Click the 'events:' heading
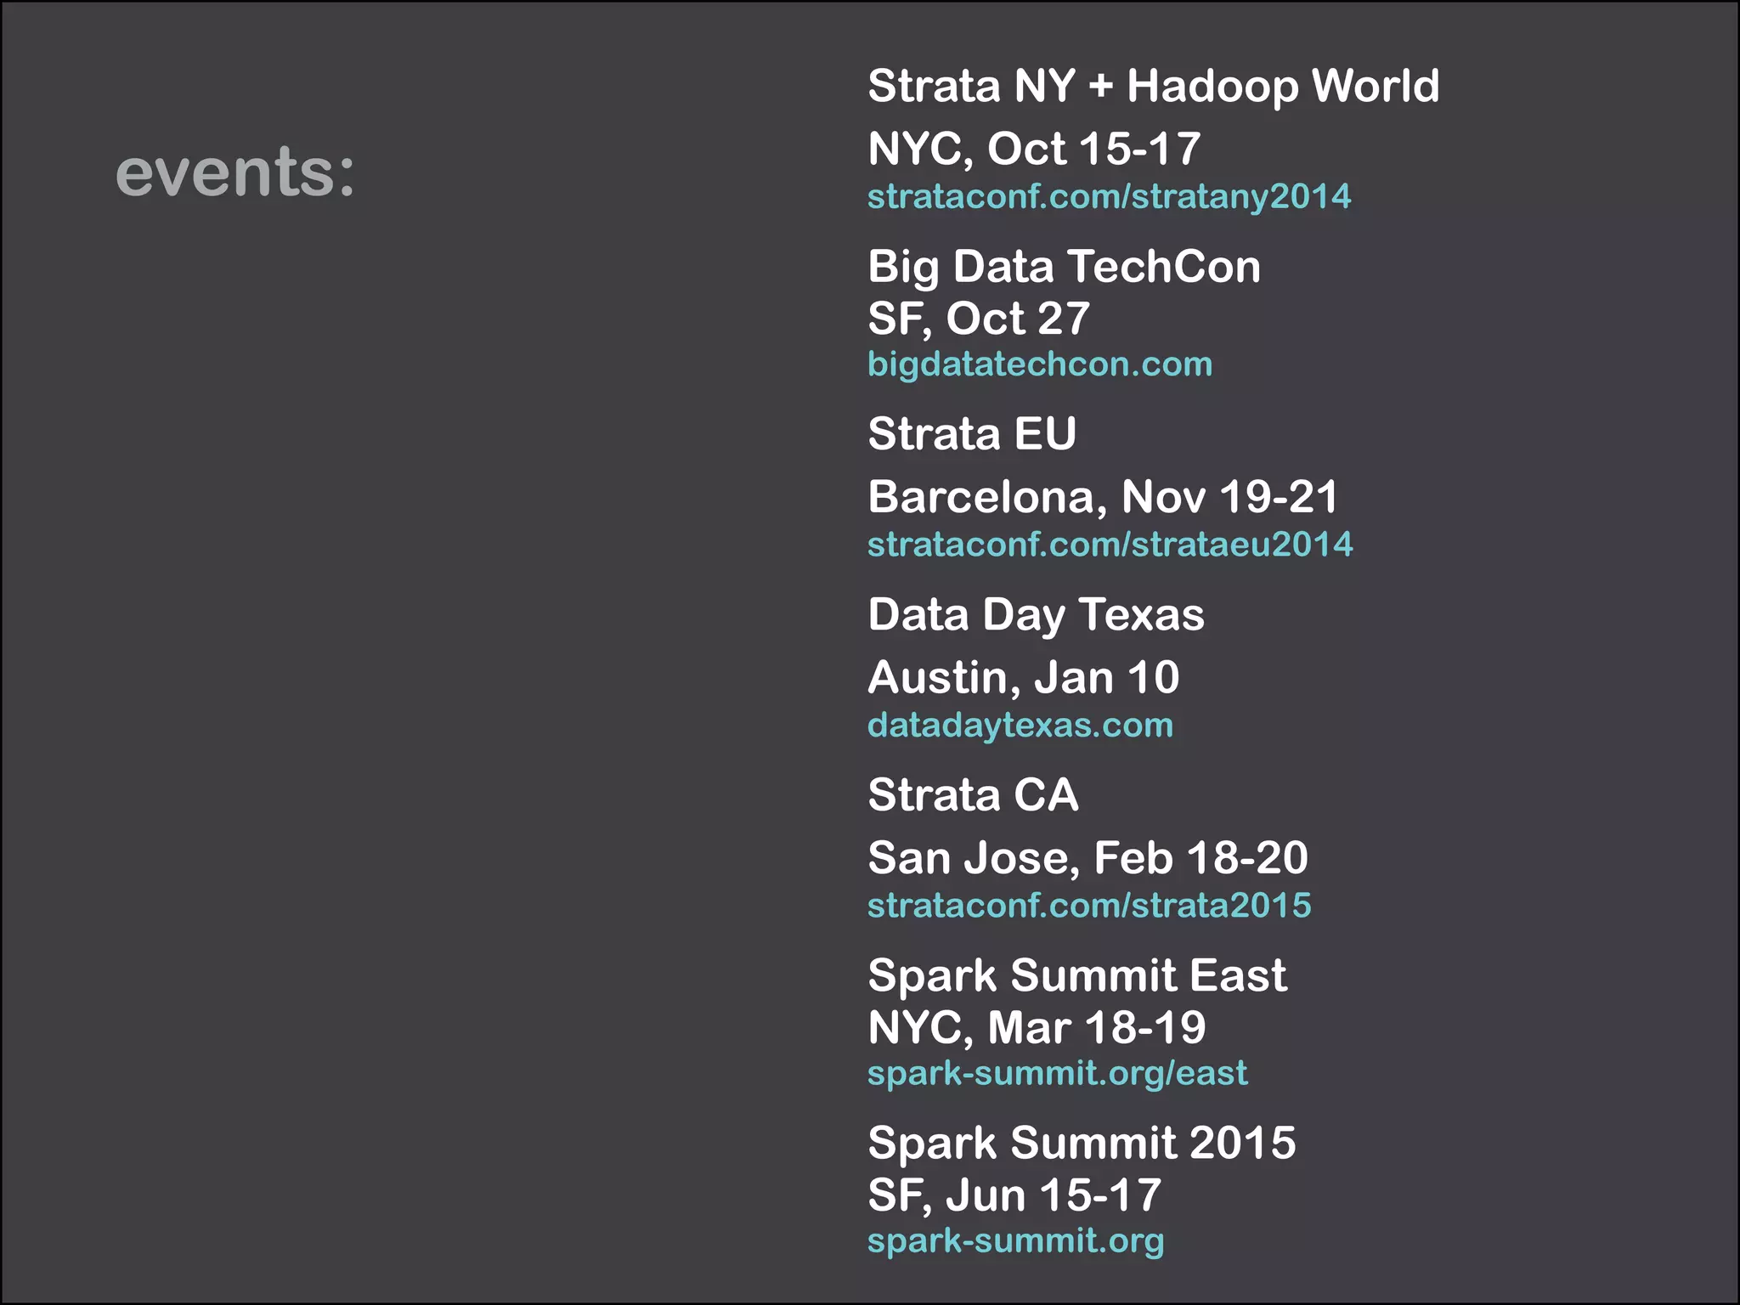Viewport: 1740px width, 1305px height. [234, 172]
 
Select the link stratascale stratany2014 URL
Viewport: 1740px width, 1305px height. [1109, 197]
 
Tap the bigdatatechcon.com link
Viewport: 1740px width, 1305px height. [1039, 364]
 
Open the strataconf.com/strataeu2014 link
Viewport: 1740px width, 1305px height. [1110, 545]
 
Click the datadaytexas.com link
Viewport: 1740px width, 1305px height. [1020, 726]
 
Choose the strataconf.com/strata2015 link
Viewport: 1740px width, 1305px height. [1089, 906]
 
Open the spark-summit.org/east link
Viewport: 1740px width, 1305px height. [1057, 1073]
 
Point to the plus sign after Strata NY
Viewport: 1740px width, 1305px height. [1100, 87]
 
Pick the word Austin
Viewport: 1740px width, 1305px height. [944, 678]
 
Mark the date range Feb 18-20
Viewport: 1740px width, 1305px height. [1200, 858]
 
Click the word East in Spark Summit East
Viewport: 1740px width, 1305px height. [1238, 975]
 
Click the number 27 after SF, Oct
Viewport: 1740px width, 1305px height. [1063, 319]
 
